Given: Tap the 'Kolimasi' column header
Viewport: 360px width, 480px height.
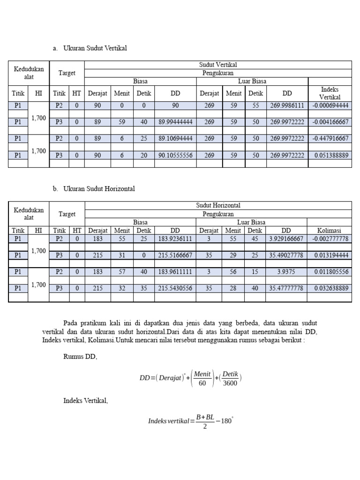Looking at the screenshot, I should click(330, 230).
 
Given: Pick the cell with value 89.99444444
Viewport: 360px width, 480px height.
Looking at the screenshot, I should click(175, 122).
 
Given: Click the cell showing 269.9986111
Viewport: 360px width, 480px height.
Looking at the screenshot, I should click(287, 105).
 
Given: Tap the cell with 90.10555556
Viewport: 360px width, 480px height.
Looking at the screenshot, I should click(175, 155).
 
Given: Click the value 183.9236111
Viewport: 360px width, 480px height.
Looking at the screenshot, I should click(175, 239).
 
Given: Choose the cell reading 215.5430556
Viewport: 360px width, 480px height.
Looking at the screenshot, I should click(175, 288).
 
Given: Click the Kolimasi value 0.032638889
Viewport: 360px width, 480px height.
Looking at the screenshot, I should click(330, 288).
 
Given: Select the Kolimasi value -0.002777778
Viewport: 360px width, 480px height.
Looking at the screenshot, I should click(330, 239).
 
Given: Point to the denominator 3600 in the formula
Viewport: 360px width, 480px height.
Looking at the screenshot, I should click(230, 382).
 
